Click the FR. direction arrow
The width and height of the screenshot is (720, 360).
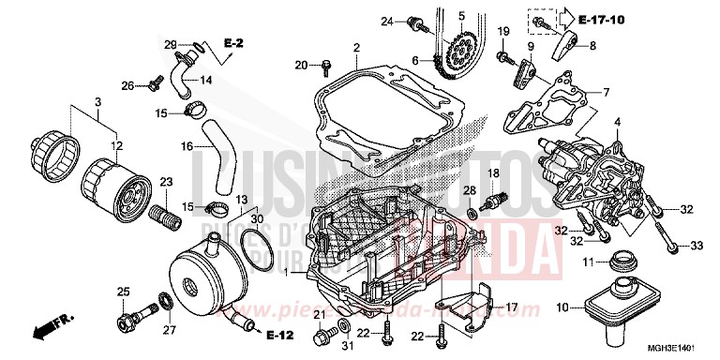(49, 325)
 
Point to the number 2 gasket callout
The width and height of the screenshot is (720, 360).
(355, 47)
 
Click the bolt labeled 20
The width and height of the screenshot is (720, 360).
(326, 66)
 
